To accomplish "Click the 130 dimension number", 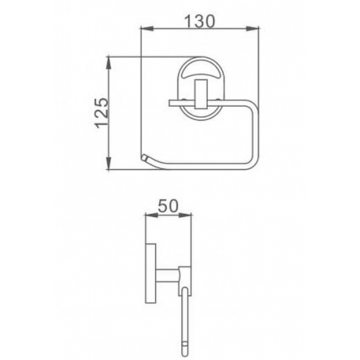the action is (200, 21).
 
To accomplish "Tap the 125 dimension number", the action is (101, 113).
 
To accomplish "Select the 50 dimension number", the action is (168, 206).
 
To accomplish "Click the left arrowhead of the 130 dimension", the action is (147, 29).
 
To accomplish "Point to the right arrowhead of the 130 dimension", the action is (253, 29).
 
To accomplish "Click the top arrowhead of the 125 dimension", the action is (109, 63).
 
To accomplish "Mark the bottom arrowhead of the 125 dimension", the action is (109, 163).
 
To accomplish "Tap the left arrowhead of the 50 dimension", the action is (152, 215).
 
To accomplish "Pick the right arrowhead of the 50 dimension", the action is (185, 215).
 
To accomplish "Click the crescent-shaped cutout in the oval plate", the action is (201, 73).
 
